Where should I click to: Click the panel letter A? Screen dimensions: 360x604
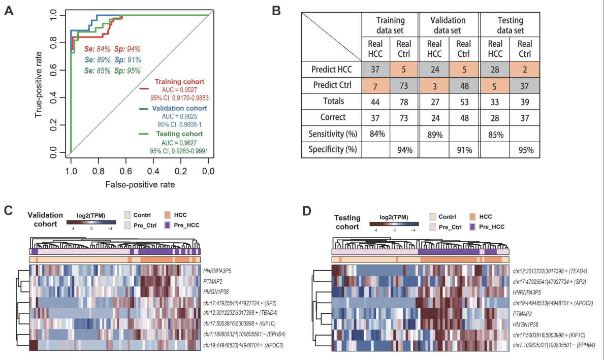[9, 11]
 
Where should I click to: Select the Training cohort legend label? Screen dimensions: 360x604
[179, 82]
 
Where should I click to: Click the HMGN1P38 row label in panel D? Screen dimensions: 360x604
[530, 324]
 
